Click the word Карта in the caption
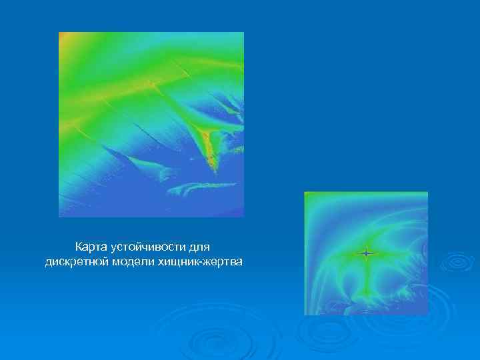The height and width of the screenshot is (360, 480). (x=91, y=247)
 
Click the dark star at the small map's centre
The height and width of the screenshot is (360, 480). (x=365, y=253)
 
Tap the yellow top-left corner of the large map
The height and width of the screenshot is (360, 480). (x=65, y=38)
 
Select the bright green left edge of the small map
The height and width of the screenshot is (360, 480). (x=307, y=253)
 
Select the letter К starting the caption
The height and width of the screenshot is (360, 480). (x=79, y=247)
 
